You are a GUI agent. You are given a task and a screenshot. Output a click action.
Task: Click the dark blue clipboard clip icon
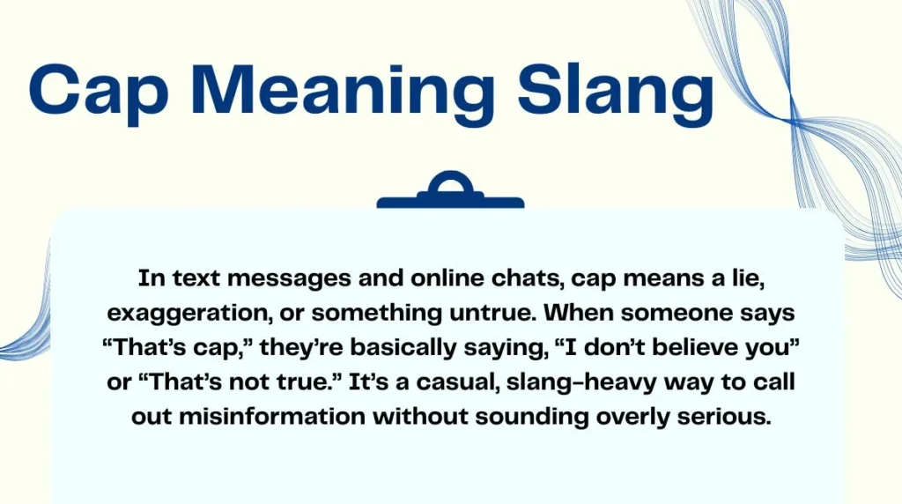pos(450,192)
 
